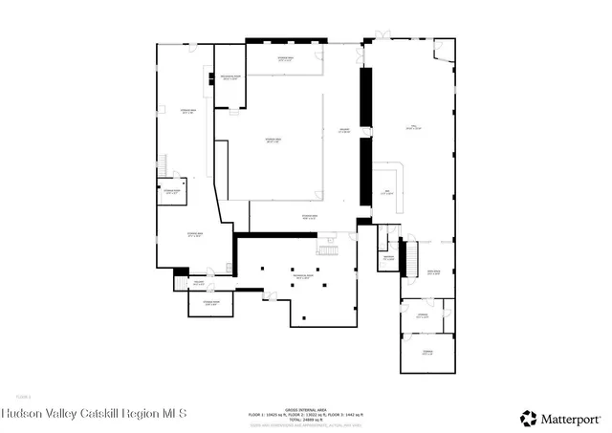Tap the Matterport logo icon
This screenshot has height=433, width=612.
coord(529,418)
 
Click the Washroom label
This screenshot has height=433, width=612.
coord(389,258)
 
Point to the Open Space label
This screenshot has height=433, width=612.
coord(433,271)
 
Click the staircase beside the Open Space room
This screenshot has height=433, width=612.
coord(413,259)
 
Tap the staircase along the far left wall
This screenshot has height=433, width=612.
coord(163,163)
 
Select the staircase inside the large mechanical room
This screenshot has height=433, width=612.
coord(328,249)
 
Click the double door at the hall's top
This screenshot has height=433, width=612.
coord(383,37)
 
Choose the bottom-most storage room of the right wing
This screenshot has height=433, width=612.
coord(426,353)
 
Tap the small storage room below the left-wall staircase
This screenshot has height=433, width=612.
coord(171,192)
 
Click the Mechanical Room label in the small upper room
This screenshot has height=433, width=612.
coord(230,77)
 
